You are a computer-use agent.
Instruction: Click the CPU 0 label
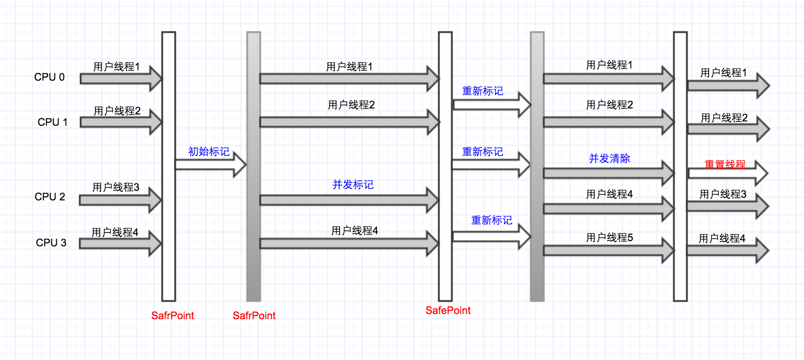coord(49,77)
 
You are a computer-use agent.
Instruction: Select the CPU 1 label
coord(52,122)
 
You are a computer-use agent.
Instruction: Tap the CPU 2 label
coord(50,197)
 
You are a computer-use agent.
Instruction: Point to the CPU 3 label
coord(51,243)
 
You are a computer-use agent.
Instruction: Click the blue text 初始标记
coord(209,151)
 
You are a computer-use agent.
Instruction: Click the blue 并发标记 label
coord(353,185)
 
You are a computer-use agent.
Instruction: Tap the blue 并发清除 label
coord(609,159)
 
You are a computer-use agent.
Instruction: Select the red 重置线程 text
coord(725,164)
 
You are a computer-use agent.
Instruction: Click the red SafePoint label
coord(448,311)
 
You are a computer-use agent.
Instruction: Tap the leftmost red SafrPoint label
coord(173,316)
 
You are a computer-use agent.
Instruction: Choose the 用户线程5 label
coord(609,238)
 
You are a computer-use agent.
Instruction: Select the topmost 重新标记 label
coord(482,91)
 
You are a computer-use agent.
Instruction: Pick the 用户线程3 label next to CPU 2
coord(116,187)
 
